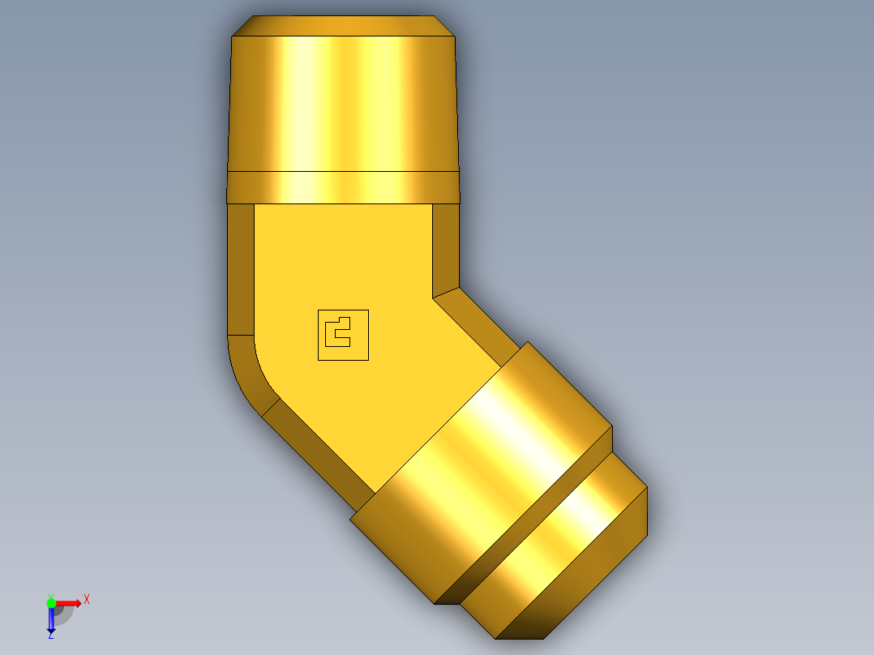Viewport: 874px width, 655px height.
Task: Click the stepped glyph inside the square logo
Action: (336, 332)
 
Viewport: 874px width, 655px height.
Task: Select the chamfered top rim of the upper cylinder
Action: (343, 26)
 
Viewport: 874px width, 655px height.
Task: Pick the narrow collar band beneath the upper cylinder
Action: (343, 187)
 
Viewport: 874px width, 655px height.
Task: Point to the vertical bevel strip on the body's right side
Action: (446, 247)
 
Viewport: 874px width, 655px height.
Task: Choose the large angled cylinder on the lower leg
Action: (482, 474)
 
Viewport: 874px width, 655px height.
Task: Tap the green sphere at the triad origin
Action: (51, 602)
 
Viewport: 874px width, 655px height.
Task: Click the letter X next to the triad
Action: (87, 600)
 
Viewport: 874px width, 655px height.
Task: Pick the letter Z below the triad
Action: (50, 636)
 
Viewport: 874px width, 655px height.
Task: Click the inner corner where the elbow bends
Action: (433, 297)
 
